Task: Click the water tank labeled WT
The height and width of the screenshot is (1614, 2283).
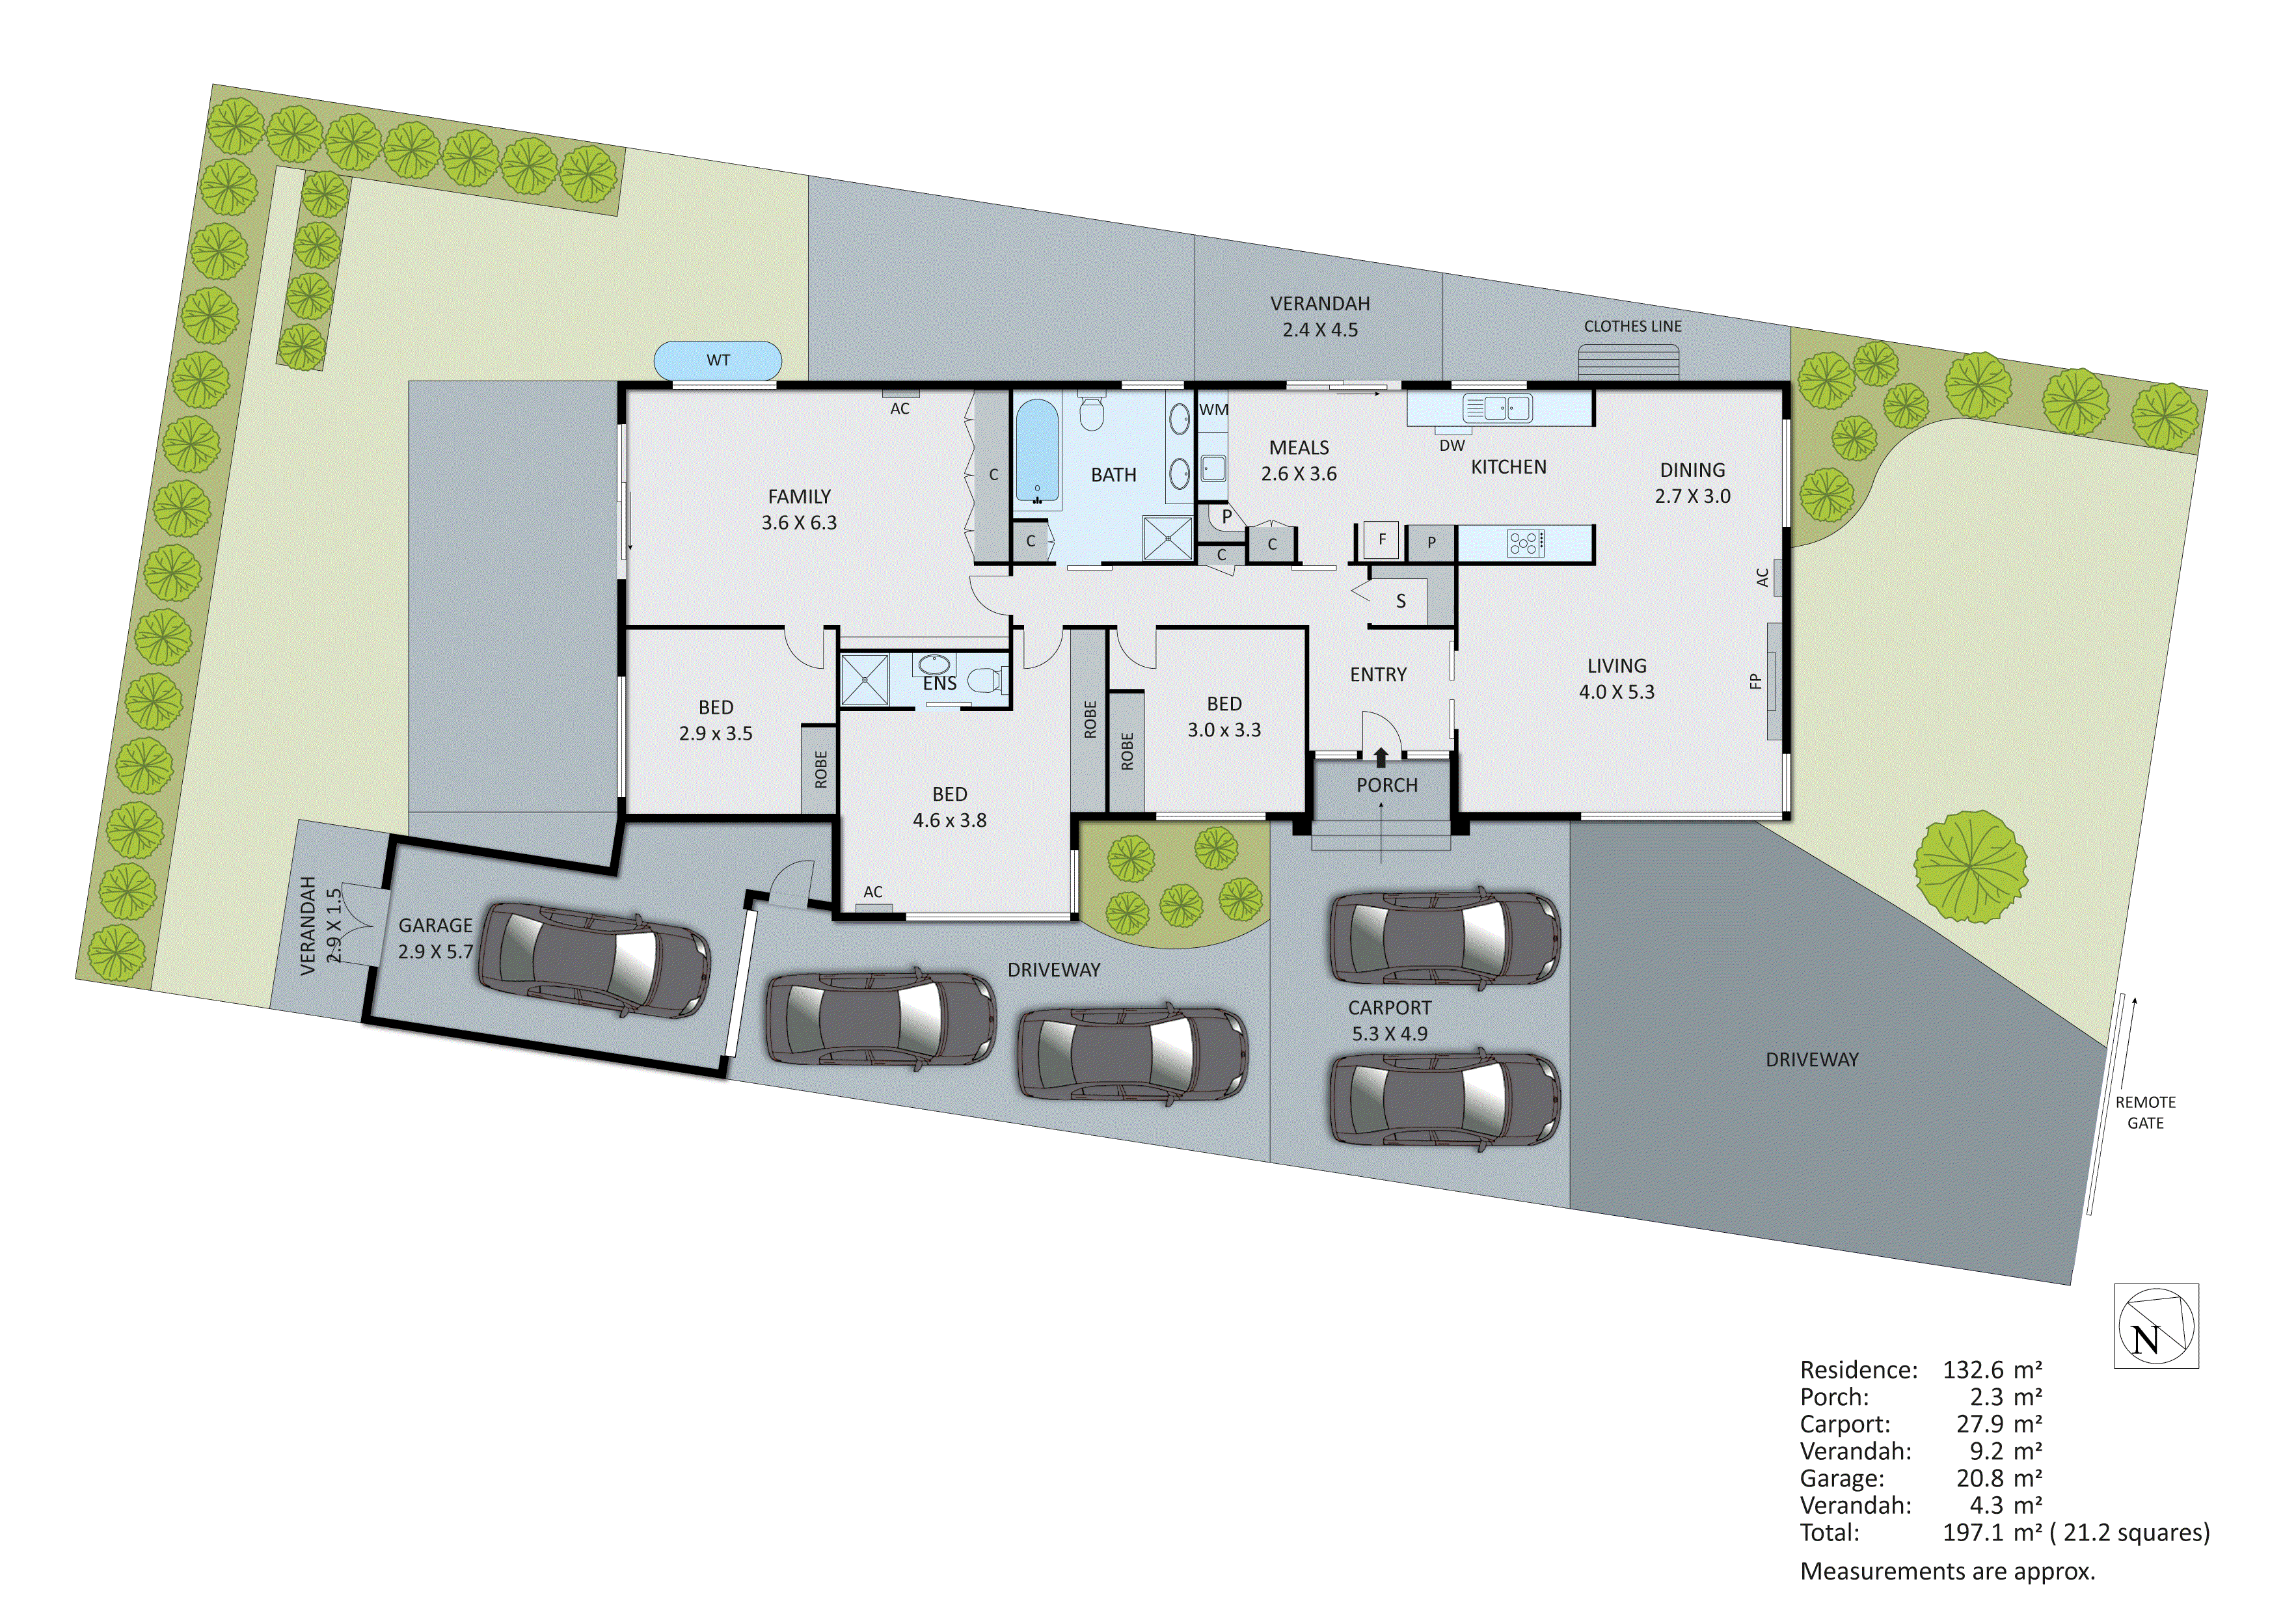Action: click(718, 360)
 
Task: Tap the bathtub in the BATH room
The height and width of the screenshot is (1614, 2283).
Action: click(1037, 453)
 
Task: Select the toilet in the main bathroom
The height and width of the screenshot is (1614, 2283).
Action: click(1092, 412)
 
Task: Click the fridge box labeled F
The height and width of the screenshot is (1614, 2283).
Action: click(1381, 540)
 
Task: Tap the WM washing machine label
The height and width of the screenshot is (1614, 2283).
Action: click(1213, 410)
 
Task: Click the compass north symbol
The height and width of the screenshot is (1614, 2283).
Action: click(2155, 1326)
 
